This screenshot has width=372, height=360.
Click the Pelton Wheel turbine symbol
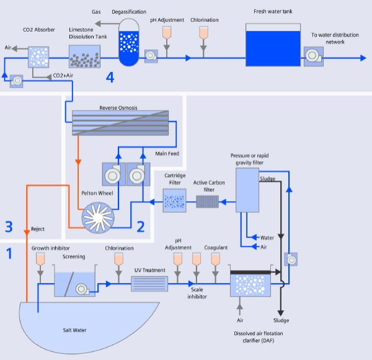(98, 217)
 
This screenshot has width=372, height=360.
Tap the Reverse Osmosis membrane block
(120, 123)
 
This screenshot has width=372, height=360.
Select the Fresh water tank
(273, 45)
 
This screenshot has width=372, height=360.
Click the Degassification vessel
(129, 42)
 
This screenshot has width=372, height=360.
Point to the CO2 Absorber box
(38, 57)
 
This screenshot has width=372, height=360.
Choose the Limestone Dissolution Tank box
(84, 56)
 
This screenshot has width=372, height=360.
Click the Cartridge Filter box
(174, 200)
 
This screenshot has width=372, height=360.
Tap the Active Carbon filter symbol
(207, 202)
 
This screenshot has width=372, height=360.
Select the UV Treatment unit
(149, 284)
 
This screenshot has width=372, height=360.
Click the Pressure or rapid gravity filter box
(247, 190)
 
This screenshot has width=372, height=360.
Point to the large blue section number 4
(110, 78)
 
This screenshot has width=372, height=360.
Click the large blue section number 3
(9, 227)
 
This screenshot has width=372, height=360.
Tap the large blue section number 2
(141, 227)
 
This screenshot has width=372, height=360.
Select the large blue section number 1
(9, 253)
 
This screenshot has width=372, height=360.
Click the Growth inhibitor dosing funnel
(40, 259)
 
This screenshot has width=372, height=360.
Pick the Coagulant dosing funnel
(215, 259)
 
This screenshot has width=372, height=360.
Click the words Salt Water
(74, 330)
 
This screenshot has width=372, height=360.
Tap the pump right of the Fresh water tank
(313, 56)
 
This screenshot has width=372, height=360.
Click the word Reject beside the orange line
(38, 229)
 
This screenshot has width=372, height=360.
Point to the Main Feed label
(167, 154)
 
